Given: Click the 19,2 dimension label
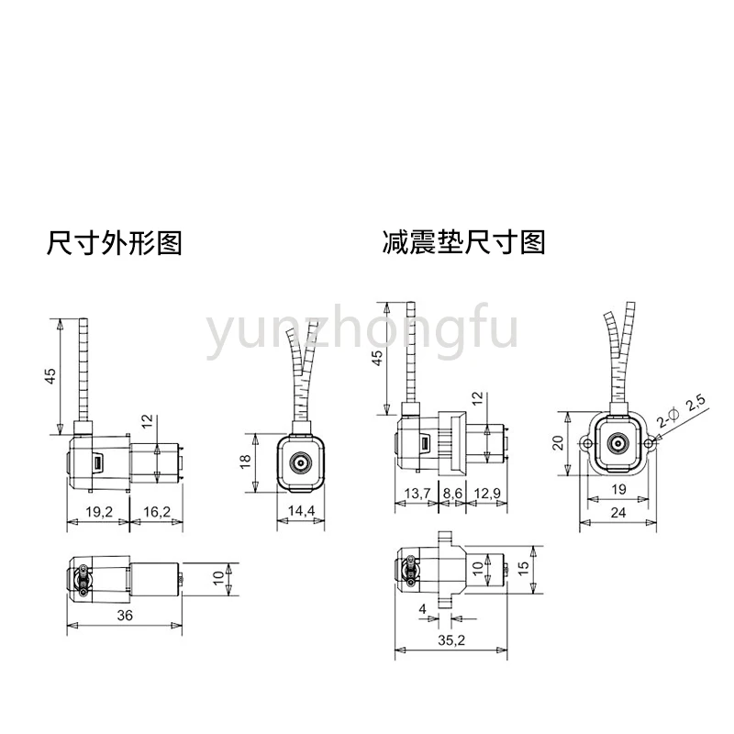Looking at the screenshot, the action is [99, 512].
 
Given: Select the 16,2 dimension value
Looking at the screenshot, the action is [157, 512].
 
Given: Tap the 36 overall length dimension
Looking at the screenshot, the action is [125, 615].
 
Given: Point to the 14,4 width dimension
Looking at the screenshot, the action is [301, 511].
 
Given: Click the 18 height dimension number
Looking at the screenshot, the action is [245, 462].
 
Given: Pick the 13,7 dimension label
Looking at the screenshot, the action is [417, 494].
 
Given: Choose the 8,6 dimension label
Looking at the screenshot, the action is [452, 494].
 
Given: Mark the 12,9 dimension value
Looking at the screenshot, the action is [487, 494].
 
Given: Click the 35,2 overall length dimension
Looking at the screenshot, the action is [451, 639].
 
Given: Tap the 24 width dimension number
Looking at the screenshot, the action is [617, 513].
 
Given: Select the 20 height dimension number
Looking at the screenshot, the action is [558, 442].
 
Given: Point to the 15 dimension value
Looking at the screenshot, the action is [524, 568].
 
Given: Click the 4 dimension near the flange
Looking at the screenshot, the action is [423, 608].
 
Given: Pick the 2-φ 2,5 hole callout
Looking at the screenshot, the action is [681, 412].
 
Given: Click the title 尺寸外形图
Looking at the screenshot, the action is [114, 243].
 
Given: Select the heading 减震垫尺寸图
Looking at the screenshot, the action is [464, 242].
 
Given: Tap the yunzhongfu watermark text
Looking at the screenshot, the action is [361, 331].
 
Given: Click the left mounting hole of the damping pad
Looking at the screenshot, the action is [586, 443].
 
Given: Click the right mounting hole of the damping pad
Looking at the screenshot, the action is [649, 443].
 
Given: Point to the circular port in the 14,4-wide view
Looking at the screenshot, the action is [300, 463].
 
